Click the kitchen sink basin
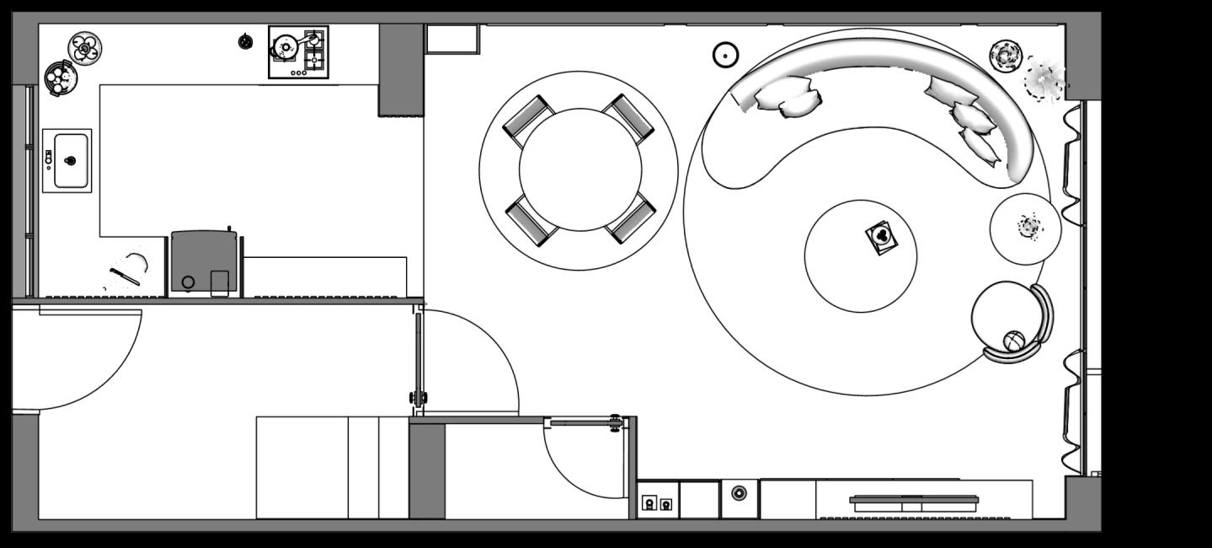tap(72, 160)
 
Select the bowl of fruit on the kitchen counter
tap(60, 78)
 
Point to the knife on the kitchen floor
tap(124, 276)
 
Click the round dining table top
tap(579, 169)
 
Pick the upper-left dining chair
tap(528, 120)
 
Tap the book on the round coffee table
tap(881, 236)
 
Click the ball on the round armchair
tap(1014, 341)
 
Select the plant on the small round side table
tap(1028, 227)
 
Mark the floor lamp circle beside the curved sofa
tap(725, 56)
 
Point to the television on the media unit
tap(914, 503)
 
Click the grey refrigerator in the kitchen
tap(203, 262)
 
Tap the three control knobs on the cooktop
tap(298, 73)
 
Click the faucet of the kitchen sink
tap(49, 158)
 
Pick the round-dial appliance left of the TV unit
tap(739, 493)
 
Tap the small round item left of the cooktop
tap(245, 41)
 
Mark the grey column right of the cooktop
tap(400, 69)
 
